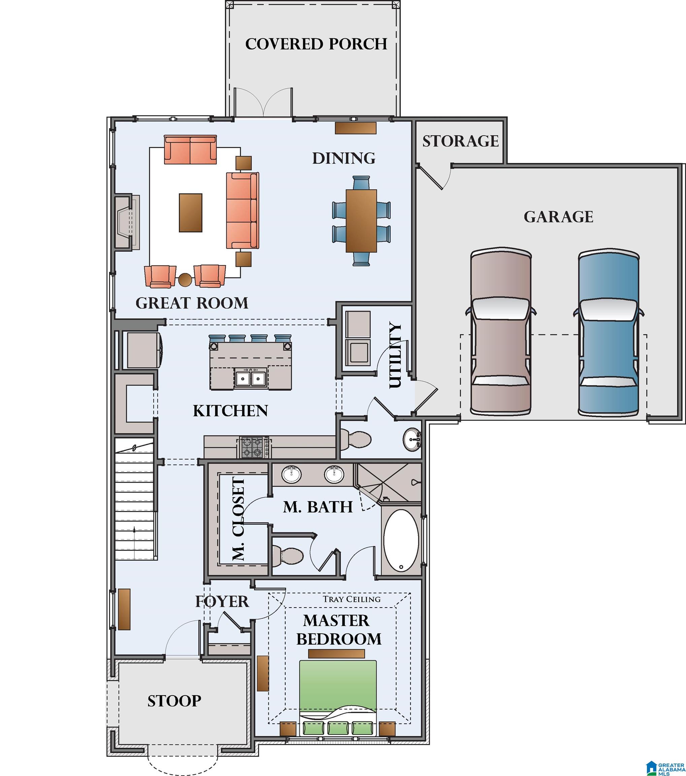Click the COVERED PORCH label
tap(316, 44)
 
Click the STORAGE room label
tap(460, 141)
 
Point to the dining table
tap(361, 221)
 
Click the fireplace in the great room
tap(125, 223)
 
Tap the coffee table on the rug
tap(191, 213)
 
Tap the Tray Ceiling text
tap(352, 599)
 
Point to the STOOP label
tap(174, 701)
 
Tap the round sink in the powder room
tap(412, 439)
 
